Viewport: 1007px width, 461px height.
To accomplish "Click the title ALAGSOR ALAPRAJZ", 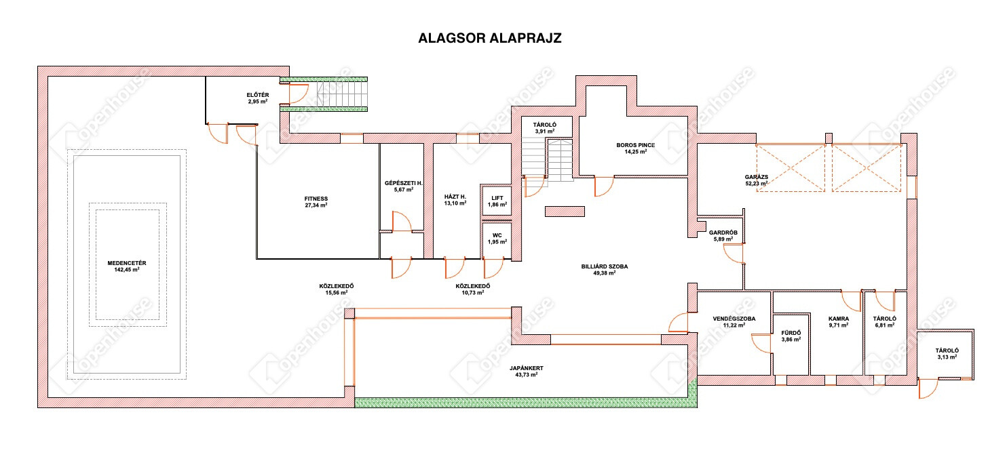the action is [489, 38].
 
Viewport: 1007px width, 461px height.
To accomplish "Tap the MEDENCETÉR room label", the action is [127, 263].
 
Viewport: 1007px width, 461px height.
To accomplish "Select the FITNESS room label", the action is [316, 199].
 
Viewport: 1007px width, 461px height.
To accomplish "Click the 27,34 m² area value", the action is [316, 205].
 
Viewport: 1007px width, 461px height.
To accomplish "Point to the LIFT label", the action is [497, 198].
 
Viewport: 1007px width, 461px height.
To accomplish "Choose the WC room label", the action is [497, 235].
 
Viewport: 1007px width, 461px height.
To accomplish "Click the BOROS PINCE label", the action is [636, 145].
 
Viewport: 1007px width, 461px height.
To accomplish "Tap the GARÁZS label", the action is [757, 177].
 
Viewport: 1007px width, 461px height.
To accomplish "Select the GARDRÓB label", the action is [723, 233].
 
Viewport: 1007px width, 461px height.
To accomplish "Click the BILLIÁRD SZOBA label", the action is [605, 266].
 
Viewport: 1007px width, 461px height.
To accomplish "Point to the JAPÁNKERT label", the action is [527, 368].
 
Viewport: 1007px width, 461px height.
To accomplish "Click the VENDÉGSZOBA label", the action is [734, 319].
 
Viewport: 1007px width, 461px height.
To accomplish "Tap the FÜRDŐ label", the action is [791, 333].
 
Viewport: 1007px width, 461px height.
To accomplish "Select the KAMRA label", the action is [839, 319].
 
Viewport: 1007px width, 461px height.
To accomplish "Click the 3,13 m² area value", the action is [947, 357].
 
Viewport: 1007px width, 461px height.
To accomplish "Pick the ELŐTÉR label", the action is [258, 95].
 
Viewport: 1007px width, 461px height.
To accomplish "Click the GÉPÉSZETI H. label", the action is [404, 183].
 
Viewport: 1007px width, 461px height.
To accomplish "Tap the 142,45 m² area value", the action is [127, 270].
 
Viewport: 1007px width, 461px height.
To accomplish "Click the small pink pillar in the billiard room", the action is [565, 212].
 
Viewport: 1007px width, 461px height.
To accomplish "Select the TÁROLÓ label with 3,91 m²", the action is [545, 125].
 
